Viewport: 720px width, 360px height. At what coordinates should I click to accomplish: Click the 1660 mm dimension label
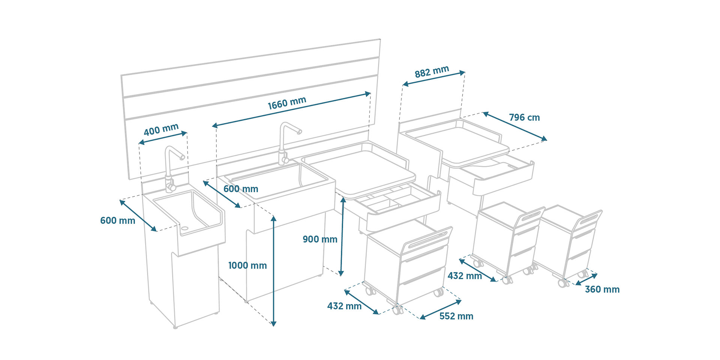point(287,103)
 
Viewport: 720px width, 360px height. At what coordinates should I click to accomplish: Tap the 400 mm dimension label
point(161,129)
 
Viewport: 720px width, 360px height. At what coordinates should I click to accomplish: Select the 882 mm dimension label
point(432,72)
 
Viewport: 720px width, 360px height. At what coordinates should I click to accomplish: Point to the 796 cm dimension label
point(524,117)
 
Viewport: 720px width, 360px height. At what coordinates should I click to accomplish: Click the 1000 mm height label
point(247,265)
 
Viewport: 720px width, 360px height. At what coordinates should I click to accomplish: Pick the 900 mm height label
point(320,239)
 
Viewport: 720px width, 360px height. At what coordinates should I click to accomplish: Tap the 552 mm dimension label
point(456,316)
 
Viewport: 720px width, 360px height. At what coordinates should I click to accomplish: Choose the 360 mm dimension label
point(602,289)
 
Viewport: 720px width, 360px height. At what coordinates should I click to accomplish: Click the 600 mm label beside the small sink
point(117,220)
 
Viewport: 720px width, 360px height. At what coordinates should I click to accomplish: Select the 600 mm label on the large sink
point(241,189)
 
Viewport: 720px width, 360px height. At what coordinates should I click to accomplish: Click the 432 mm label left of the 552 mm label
point(344,306)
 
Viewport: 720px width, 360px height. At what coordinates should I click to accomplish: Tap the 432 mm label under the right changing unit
point(465,276)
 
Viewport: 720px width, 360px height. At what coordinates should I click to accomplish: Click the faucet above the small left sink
point(172,165)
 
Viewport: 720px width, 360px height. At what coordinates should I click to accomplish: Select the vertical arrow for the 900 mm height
point(342,236)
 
